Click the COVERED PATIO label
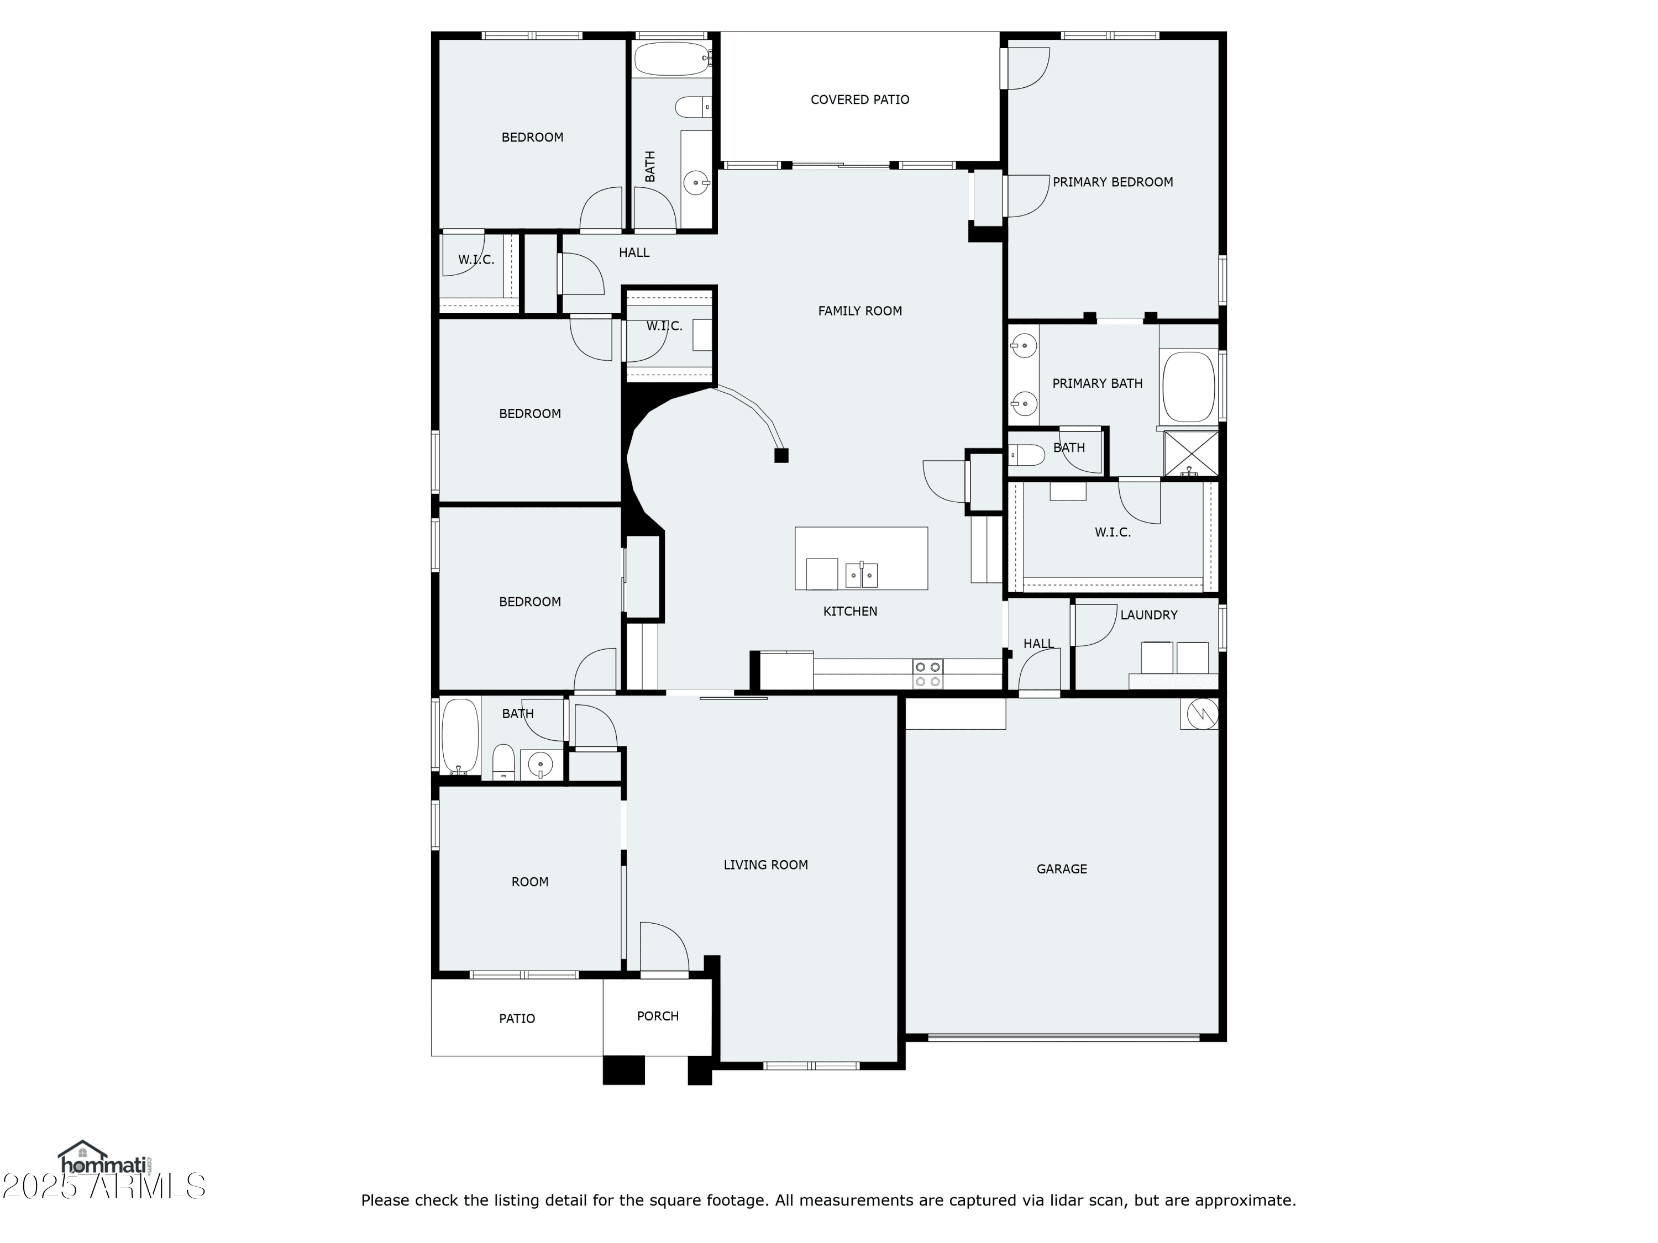860,99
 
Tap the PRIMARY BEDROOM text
1113,182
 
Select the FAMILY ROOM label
860,311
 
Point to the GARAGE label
1061,869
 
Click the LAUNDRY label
1148,615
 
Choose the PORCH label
657,1016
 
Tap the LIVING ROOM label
765,865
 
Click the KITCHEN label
850,612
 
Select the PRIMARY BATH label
1098,383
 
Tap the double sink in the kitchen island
861,575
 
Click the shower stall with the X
1190,454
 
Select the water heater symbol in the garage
1199,714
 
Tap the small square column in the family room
781,455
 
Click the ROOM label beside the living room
530,882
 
